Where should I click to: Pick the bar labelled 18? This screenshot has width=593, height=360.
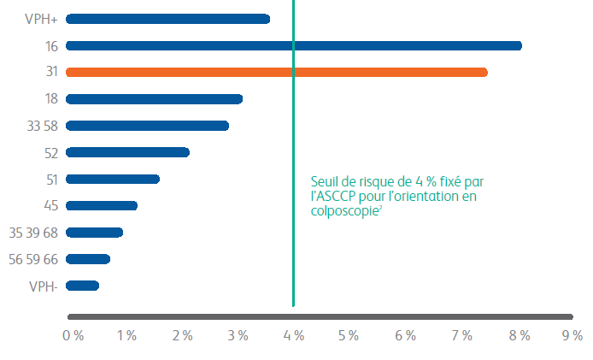[x=154, y=99]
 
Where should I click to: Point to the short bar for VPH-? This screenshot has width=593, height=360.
[x=82, y=286]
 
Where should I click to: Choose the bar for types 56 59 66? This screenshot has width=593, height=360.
[x=87, y=259]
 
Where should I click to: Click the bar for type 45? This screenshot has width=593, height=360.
[x=101, y=205]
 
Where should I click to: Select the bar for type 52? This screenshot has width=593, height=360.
[x=127, y=152]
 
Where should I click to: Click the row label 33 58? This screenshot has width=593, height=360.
[x=42, y=126]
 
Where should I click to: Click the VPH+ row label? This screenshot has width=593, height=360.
[x=42, y=19]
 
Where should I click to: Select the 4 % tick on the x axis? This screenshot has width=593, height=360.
[x=294, y=336]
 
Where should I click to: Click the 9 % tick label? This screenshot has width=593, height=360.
[x=572, y=336]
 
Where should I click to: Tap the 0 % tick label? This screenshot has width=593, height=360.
[x=73, y=336]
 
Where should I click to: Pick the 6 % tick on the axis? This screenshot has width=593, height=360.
[x=405, y=336]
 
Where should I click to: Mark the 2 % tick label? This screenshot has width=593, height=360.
[x=183, y=336]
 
